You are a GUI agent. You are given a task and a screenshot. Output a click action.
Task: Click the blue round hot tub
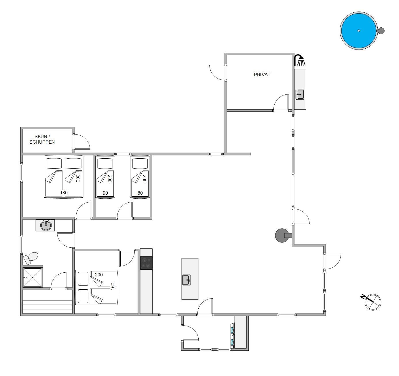tap(358, 31)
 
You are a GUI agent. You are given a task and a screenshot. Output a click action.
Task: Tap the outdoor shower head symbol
tap(300, 60)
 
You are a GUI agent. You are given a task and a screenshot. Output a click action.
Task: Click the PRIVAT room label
tap(262, 75)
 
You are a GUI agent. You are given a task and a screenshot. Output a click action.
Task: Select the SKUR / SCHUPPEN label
tap(42, 139)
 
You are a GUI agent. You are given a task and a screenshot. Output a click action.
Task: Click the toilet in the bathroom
tap(31, 258)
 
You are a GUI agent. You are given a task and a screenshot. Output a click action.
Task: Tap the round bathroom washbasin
tap(46, 225)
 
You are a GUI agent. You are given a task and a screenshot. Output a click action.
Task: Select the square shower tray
tap(33, 277)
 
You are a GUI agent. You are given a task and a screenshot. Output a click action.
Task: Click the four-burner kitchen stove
tap(147, 263)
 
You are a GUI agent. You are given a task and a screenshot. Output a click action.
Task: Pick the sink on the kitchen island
tap(186, 280)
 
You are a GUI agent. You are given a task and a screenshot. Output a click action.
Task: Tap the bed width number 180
tap(64, 193)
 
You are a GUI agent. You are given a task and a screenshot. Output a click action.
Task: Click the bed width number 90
tap(105, 193)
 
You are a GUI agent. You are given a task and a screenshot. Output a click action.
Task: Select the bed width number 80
tap(140, 193)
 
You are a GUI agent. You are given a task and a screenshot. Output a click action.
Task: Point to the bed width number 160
tap(113, 286)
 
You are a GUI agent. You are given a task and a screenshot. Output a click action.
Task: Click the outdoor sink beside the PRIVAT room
tap(300, 94)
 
